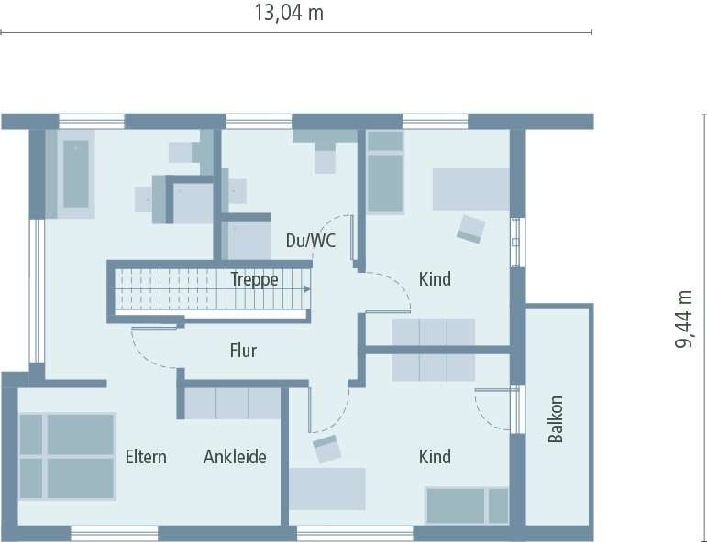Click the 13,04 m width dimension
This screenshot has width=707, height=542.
point(289,13)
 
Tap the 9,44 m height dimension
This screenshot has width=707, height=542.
point(684,320)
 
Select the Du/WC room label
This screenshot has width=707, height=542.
point(311,242)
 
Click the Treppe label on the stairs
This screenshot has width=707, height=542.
point(254,280)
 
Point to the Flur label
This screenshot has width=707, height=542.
point(243,351)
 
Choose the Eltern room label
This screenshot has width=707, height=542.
point(146,457)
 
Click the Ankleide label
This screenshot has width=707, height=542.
point(235,457)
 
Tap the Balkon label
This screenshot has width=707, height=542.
point(556,419)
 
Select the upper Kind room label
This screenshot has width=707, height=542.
point(435,279)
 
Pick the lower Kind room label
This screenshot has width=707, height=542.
point(435,457)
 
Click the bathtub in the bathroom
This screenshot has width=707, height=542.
point(75,174)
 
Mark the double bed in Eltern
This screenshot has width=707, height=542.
point(67,456)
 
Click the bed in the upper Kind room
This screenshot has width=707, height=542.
point(385,172)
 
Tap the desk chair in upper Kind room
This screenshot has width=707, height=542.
point(471,228)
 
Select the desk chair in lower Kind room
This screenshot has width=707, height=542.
point(326,449)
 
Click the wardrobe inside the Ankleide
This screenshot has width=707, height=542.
point(232,403)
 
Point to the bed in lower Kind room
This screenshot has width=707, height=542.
point(467,505)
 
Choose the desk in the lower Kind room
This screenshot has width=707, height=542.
point(327,488)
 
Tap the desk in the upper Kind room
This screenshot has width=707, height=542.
point(470,190)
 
